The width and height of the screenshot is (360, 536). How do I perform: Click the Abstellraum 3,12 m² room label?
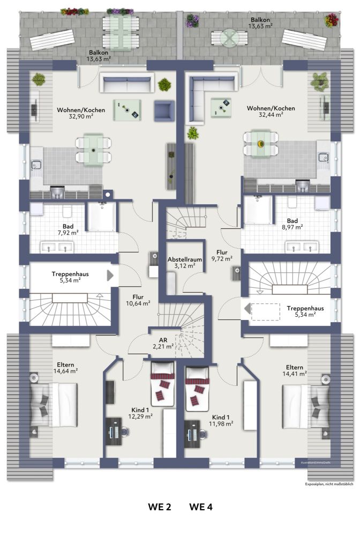185,263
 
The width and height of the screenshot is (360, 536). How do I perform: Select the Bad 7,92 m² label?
68,229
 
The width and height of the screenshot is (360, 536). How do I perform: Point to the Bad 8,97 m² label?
292,224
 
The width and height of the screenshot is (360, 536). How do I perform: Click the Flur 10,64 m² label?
138,300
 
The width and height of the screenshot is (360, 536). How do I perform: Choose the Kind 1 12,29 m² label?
140,413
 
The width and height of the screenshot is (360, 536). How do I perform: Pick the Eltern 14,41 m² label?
295,370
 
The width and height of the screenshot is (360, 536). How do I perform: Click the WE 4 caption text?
201,507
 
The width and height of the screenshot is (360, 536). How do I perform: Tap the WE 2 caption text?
160,507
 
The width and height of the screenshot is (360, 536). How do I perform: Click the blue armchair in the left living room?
164,111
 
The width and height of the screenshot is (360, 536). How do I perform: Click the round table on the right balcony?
229,38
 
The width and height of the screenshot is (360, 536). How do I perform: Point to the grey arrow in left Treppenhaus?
110,276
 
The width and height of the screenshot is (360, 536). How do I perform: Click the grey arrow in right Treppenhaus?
247,309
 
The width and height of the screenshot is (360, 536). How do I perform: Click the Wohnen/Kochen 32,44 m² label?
271,111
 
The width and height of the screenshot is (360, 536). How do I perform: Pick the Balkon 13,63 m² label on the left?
99,55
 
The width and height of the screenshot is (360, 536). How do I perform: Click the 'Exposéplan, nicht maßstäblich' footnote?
329,484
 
